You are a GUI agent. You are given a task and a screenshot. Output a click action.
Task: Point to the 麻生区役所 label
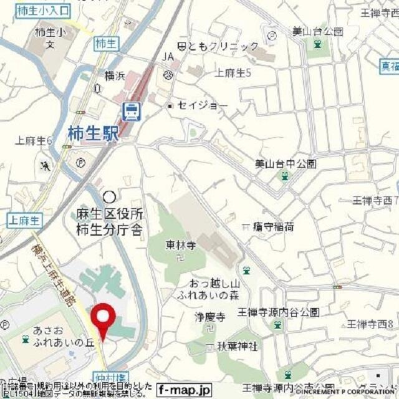click(106, 216)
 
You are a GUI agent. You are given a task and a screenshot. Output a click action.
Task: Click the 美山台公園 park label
click(318, 31)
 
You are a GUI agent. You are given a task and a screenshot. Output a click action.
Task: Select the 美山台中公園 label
click(286, 164)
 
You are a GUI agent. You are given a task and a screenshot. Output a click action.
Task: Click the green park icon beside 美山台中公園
click(285, 177)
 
